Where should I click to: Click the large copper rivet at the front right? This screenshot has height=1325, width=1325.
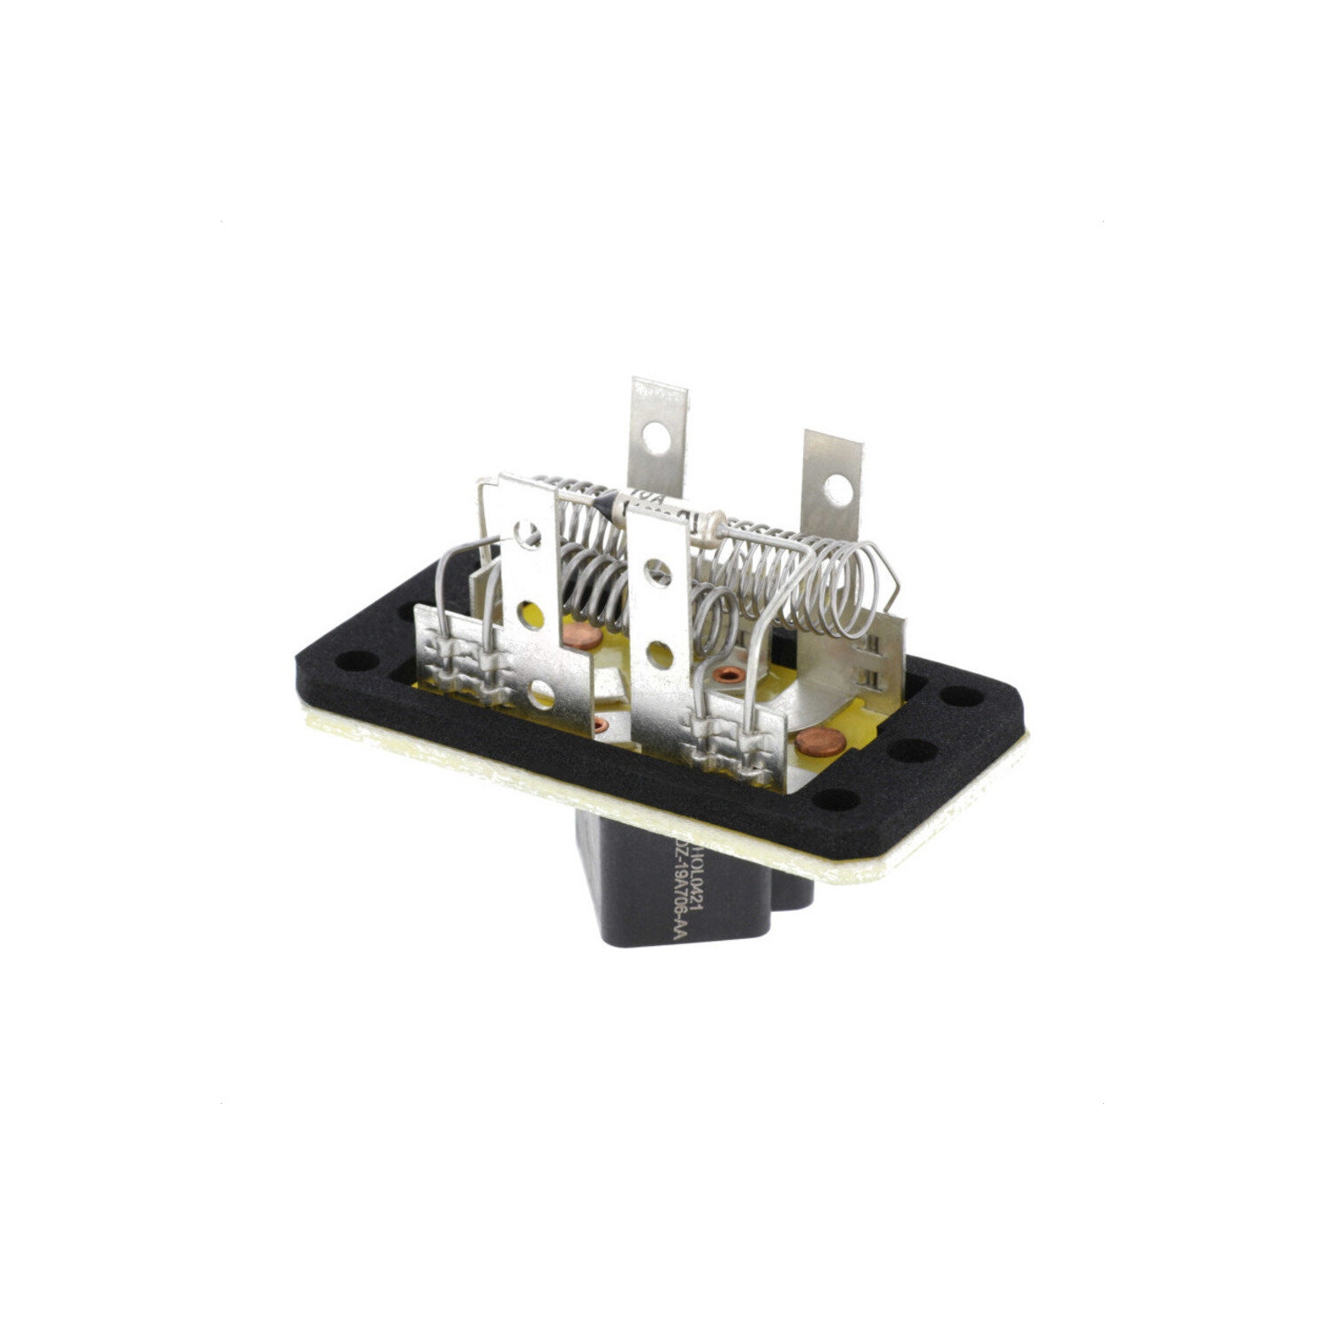(x=821, y=742)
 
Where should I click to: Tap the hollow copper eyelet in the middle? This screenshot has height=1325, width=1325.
(x=730, y=675)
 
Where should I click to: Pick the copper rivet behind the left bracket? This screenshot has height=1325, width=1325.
(x=582, y=635)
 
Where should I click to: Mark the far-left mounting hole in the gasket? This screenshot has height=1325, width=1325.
(x=355, y=659)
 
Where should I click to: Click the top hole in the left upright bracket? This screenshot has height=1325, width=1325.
(x=527, y=534)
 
